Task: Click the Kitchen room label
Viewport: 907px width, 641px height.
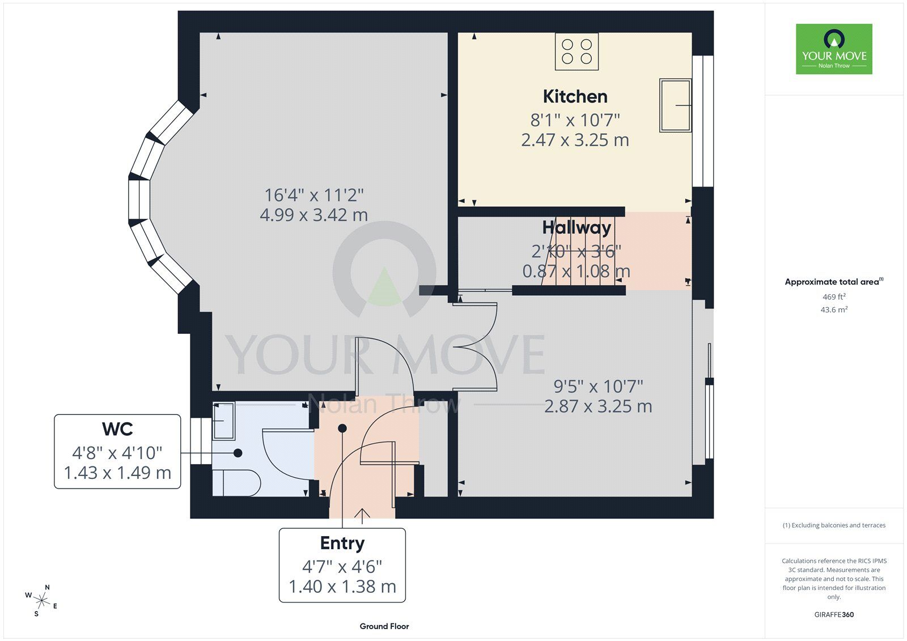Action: click(x=575, y=97)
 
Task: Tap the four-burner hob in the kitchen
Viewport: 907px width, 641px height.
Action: click(x=577, y=52)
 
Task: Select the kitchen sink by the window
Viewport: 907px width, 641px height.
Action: click(x=675, y=105)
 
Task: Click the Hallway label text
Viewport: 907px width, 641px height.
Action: click(x=577, y=228)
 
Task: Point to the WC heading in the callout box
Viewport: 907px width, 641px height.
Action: click(x=117, y=429)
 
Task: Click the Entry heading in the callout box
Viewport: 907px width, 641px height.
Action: click(x=342, y=544)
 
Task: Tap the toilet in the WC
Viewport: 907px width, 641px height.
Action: click(x=236, y=483)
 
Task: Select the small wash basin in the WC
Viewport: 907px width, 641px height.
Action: click(x=223, y=421)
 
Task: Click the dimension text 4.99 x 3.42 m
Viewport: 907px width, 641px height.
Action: click(x=314, y=215)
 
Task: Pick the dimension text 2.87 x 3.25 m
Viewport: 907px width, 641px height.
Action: click(x=598, y=406)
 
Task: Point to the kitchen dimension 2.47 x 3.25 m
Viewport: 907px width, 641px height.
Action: click(x=575, y=140)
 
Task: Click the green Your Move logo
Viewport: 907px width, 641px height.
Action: click(x=834, y=49)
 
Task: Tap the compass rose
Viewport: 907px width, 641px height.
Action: click(x=41, y=601)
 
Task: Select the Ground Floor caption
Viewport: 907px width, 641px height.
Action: click(x=384, y=626)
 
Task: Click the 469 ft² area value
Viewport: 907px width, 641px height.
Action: click(x=834, y=297)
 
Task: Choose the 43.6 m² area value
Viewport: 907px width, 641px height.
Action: click(x=834, y=310)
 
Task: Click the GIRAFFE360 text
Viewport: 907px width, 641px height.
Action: click(x=834, y=615)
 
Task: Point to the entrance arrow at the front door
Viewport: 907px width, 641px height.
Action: click(x=362, y=516)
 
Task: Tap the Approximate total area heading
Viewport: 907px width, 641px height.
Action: click(x=834, y=282)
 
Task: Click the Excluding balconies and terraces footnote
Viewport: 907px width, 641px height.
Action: click(x=834, y=525)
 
